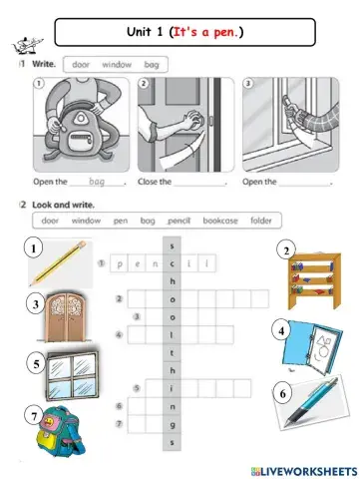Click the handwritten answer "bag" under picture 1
[97, 183]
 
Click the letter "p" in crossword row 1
[119, 264]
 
